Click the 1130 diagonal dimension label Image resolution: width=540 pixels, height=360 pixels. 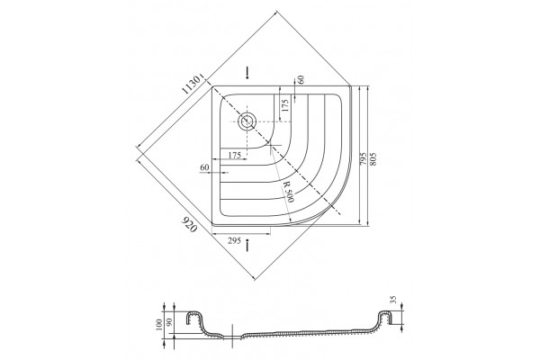192,85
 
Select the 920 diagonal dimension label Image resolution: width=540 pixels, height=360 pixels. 189,224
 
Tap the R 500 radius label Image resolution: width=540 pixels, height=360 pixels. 289,192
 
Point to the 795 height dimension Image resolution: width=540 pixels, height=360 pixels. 363,158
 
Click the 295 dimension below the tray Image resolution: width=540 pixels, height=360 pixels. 234,241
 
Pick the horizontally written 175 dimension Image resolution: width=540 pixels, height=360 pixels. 235,155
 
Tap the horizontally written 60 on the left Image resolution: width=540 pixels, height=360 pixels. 204,167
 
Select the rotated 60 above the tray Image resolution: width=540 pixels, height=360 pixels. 301,79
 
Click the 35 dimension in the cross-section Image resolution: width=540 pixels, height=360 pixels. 394,299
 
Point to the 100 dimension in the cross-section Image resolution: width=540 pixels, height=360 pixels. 158,325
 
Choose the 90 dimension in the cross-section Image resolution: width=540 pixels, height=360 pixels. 169,323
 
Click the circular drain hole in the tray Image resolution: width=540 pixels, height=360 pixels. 247,121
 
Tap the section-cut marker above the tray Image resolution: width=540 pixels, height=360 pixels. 247,73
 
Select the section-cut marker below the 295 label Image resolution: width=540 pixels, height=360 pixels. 247,246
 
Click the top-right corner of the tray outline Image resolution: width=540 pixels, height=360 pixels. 350,86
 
